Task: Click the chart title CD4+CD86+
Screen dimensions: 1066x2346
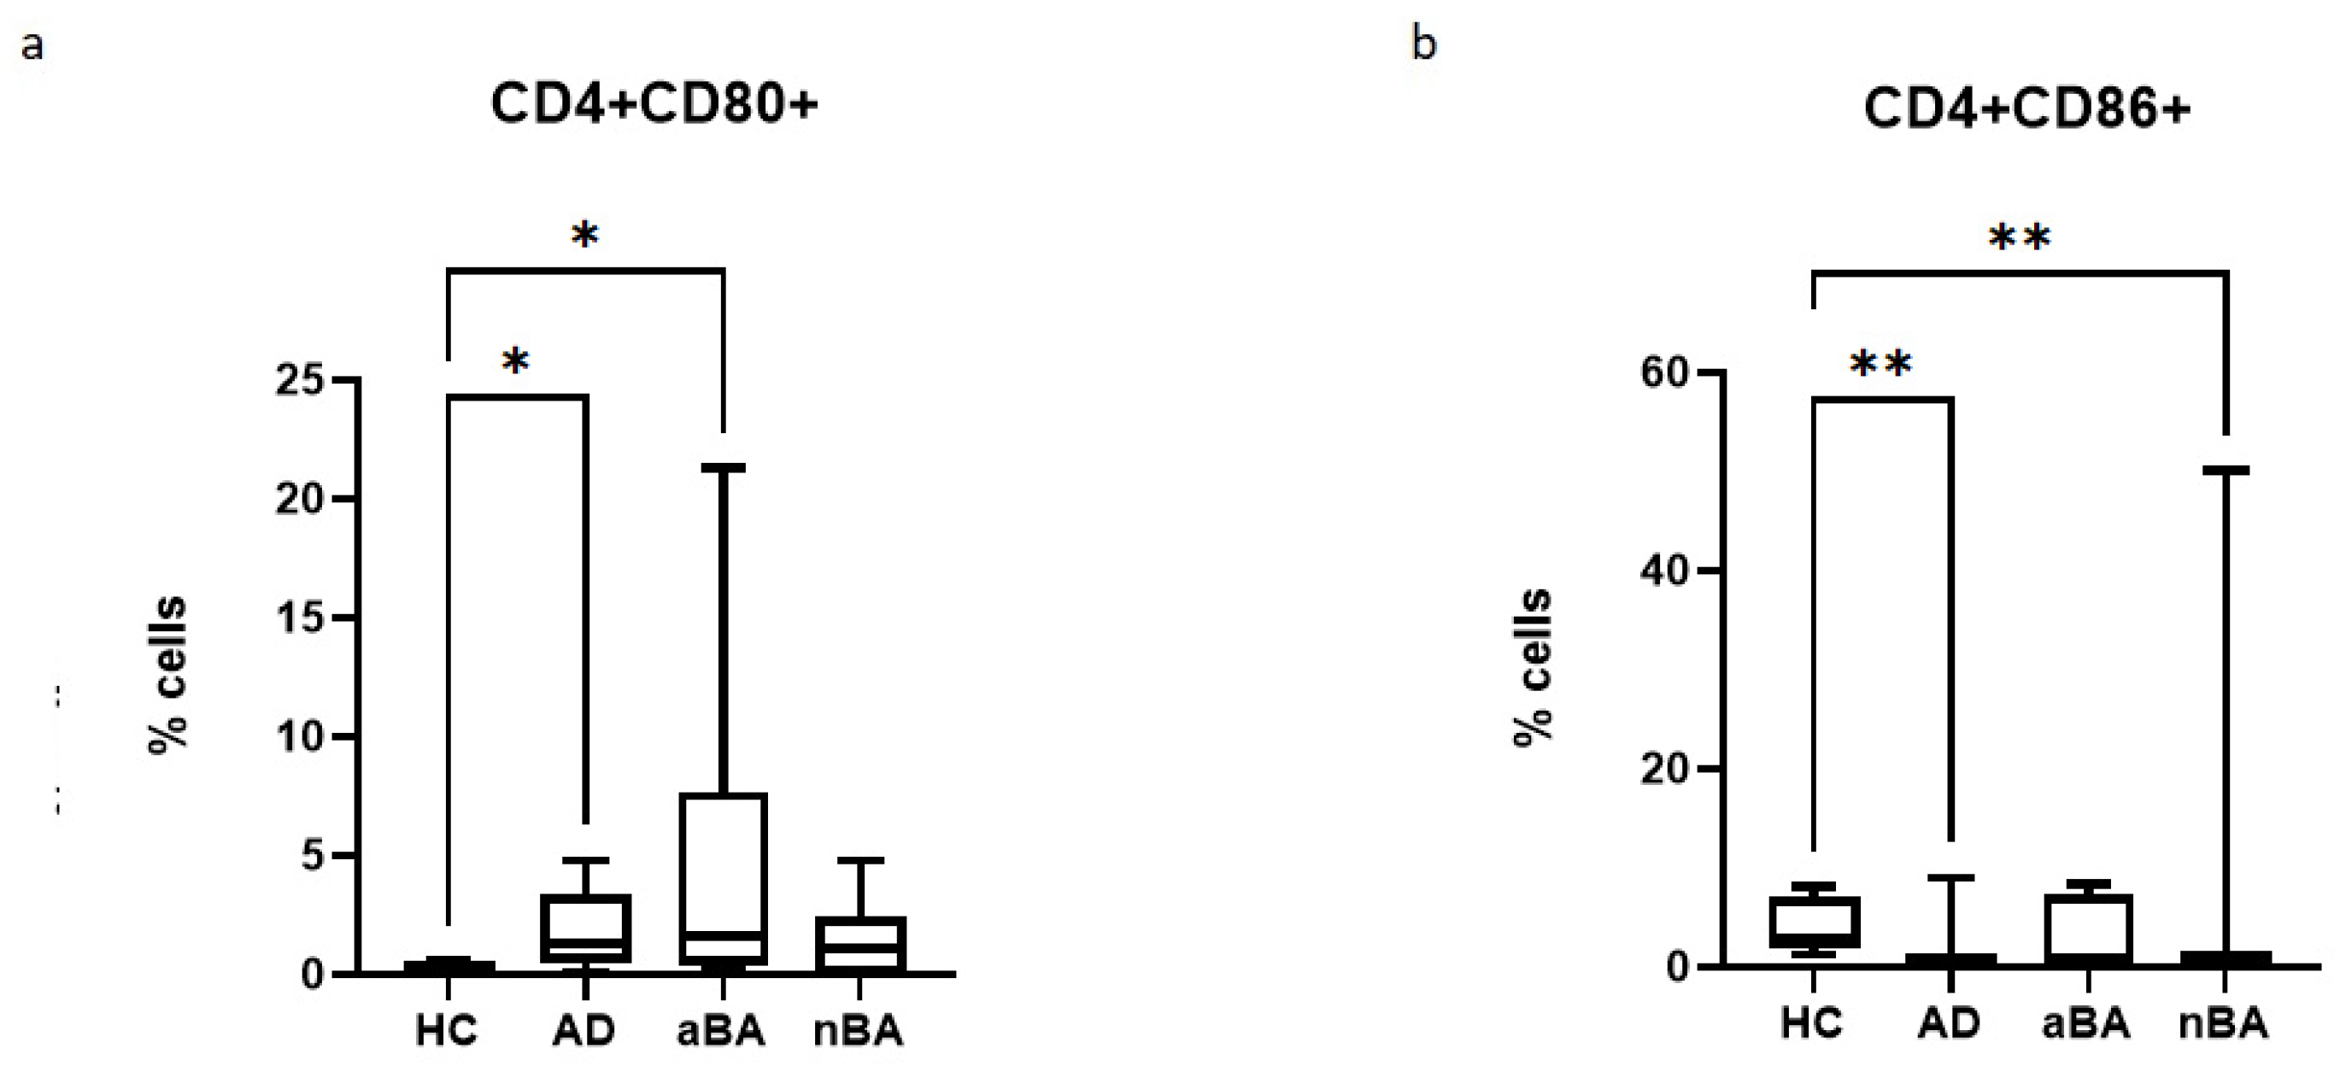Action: (2026, 109)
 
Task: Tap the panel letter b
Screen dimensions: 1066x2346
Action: (1423, 42)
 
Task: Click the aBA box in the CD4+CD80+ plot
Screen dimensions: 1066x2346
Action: (723, 878)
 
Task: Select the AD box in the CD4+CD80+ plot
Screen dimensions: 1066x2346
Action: (585, 928)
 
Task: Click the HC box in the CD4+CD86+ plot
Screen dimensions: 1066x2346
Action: (1814, 922)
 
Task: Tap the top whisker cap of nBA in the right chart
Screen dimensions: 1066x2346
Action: (2225, 470)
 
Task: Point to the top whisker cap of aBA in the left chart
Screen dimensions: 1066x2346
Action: (723, 468)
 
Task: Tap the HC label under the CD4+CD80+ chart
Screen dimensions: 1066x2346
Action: (446, 1032)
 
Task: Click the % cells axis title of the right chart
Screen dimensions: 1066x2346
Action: (1534, 667)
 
